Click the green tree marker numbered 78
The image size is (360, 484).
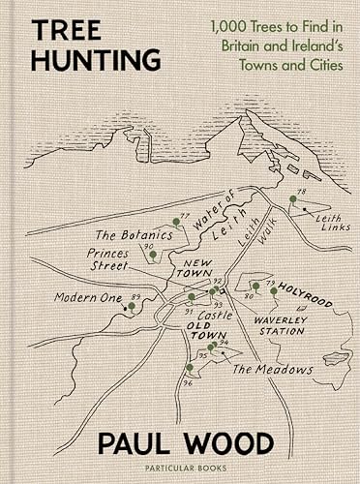coord(292,200)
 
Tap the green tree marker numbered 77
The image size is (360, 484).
coord(176,221)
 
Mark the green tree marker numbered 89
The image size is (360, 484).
coord(131,306)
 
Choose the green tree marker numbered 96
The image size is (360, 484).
coord(189,368)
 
